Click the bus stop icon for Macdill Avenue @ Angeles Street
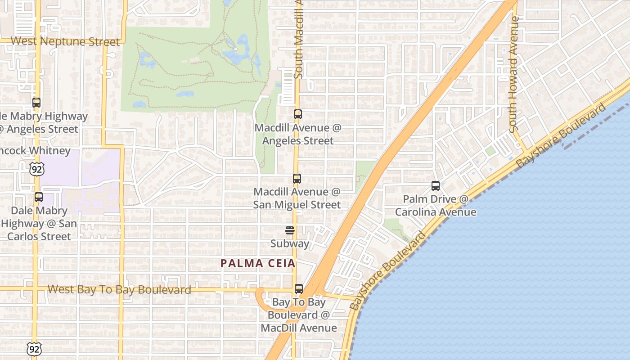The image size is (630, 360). pyautogui.click(x=297, y=114)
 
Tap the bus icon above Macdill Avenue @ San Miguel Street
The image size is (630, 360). pyautogui.click(x=297, y=179)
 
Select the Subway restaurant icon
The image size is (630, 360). pyautogui.click(x=290, y=231)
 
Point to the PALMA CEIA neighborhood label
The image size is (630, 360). pyautogui.click(x=258, y=264)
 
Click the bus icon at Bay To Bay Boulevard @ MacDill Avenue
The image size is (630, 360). pyautogui.click(x=299, y=289)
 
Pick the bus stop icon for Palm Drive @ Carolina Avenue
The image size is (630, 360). pyautogui.click(x=435, y=185)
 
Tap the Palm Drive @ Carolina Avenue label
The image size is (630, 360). pyautogui.click(x=436, y=206)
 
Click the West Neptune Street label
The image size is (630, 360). pyautogui.click(x=65, y=41)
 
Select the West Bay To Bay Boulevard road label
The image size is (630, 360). pyautogui.click(x=119, y=290)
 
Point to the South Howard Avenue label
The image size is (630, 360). pyautogui.click(x=514, y=74)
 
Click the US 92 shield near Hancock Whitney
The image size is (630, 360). pyautogui.click(x=36, y=169)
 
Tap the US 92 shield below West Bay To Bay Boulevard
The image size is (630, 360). pyautogui.click(x=34, y=348)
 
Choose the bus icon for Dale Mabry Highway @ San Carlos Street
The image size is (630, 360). pyautogui.click(x=39, y=197)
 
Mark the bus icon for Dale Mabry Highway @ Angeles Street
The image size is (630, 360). pyautogui.click(x=36, y=103)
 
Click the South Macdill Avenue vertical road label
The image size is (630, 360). pyautogui.click(x=298, y=40)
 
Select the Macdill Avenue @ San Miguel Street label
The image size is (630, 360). pyautogui.click(x=297, y=198)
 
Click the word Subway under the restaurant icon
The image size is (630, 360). pyautogui.click(x=290, y=244)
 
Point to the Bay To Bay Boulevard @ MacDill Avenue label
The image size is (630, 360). pyautogui.click(x=299, y=315)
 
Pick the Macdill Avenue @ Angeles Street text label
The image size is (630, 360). pyautogui.click(x=298, y=134)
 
